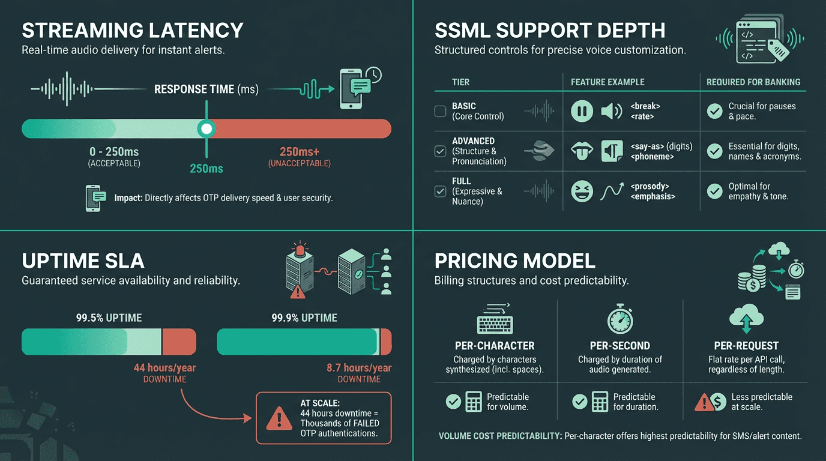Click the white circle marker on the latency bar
(x=206, y=128)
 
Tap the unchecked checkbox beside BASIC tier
(x=440, y=111)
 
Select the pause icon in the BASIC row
(x=582, y=111)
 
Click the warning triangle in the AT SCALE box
(x=278, y=418)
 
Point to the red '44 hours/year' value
(x=164, y=367)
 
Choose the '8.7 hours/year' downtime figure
(x=359, y=367)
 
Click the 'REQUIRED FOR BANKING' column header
(x=753, y=82)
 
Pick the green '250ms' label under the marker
(x=206, y=169)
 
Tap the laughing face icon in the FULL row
(x=582, y=191)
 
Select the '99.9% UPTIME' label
(x=304, y=318)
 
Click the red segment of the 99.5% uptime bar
(x=179, y=342)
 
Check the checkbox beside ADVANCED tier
(x=440, y=151)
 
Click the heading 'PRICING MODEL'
(x=514, y=261)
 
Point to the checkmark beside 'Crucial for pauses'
(x=714, y=111)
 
